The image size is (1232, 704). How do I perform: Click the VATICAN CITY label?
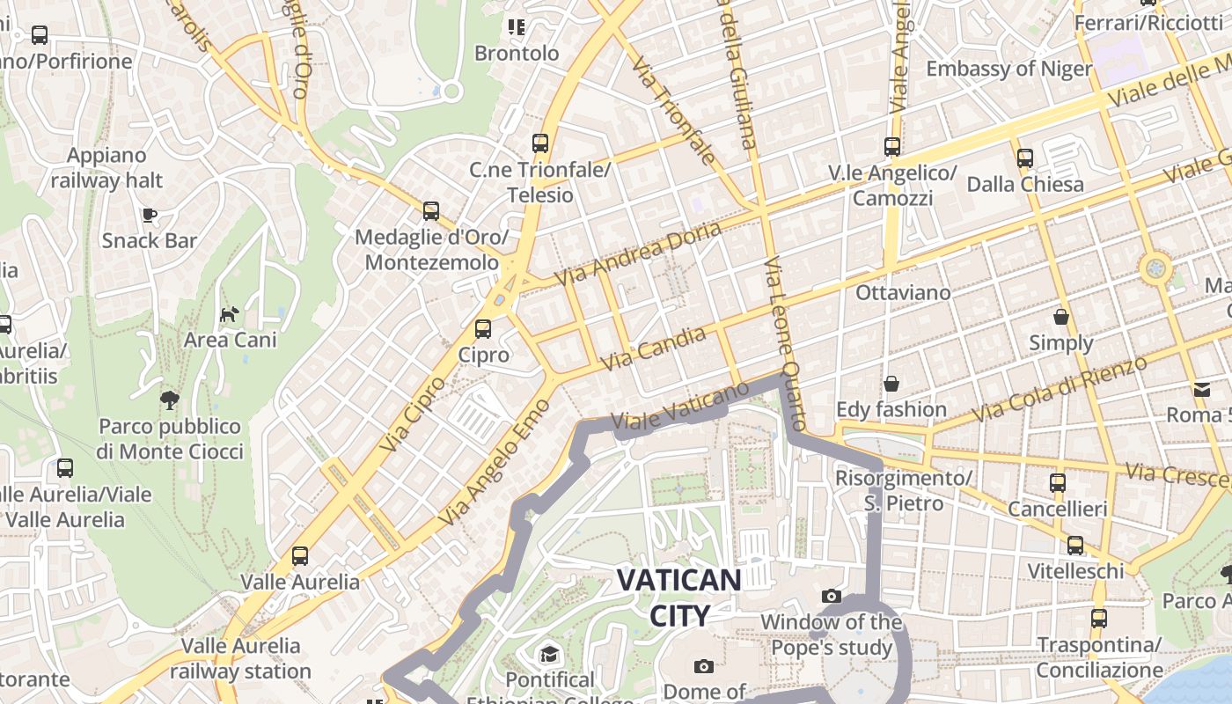(x=678, y=598)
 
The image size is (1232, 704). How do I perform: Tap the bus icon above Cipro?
(x=482, y=329)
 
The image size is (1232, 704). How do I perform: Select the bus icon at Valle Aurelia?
(x=300, y=556)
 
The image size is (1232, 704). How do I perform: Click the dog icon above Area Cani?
(x=229, y=314)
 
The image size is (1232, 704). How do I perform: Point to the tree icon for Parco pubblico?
(x=169, y=400)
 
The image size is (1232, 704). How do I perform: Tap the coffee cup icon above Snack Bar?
(x=149, y=215)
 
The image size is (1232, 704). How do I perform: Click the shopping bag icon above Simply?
(x=1061, y=317)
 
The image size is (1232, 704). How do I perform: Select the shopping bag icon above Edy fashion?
(x=891, y=384)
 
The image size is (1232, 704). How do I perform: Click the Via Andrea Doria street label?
(x=638, y=253)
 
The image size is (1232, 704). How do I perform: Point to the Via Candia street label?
(x=652, y=348)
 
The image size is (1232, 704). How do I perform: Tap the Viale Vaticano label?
(x=679, y=406)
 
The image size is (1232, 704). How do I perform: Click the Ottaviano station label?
(x=903, y=292)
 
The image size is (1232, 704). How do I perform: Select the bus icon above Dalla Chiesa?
(x=1024, y=158)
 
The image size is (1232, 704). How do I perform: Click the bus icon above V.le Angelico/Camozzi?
(x=892, y=147)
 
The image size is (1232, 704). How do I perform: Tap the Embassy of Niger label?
(x=1008, y=69)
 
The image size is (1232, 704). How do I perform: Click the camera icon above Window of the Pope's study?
(x=831, y=597)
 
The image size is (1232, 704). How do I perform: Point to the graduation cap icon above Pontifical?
(x=549, y=655)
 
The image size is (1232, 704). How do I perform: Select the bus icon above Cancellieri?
(x=1057, y=482)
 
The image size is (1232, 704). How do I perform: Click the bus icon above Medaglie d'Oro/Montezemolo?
(x=430, y=211)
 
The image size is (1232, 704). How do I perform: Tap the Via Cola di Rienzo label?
(x=1060, y=388)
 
